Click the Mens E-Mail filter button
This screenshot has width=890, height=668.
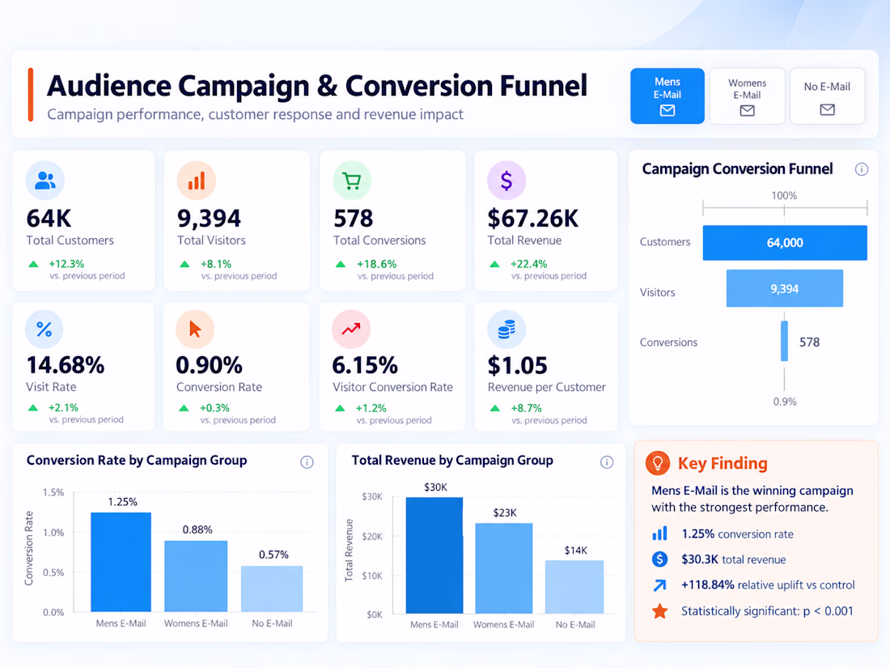click(x=667, y=96)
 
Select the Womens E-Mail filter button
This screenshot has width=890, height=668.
click(x=747, y=96)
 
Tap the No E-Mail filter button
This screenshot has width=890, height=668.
click(x=827, y=96)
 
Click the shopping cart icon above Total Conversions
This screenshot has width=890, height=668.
click(x=352, y=181)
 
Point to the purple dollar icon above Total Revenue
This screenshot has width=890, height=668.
click(x=506, y=181)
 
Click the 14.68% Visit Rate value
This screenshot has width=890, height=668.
click(x=66, y=365)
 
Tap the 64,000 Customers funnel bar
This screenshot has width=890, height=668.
click(x=785, y=243)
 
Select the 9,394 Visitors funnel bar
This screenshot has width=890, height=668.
click(x=785, y=288)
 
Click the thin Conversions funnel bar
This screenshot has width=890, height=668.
click(x=784, y=341)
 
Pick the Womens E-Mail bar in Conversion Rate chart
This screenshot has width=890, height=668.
click(x=196, y=576)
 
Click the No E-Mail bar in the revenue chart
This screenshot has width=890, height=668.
click(x=574, y=587)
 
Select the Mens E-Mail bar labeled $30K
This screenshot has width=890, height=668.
click(x=434, y=555)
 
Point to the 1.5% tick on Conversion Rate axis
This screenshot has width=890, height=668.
click(x=53, y=492)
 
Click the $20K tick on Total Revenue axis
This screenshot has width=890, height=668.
click(x=372, y=536)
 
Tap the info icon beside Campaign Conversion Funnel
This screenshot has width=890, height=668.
click(x=861, y=169)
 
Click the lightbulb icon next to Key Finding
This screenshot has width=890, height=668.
click(x=657, y=463)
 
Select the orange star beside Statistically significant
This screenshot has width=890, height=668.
click(x=659, y=611)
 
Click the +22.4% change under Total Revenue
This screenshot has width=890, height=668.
click(x=528, y=264)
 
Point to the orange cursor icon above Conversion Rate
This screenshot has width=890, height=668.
click(x=195, y=329)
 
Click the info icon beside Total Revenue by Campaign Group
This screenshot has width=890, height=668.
click(x=607, y=462)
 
